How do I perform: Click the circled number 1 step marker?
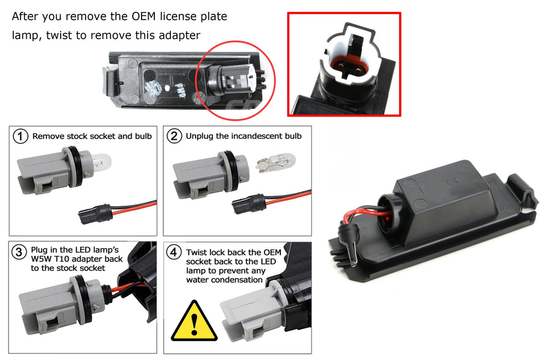point(21,136)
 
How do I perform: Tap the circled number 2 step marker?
point(174,136)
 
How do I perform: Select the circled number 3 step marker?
point(19,252)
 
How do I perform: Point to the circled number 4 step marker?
point(174,252)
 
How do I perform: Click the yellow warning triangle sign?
point(194,322)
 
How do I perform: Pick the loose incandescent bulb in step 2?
point(276,163)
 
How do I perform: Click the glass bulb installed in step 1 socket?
point(101,163)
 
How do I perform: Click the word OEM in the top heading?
point(144,16)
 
